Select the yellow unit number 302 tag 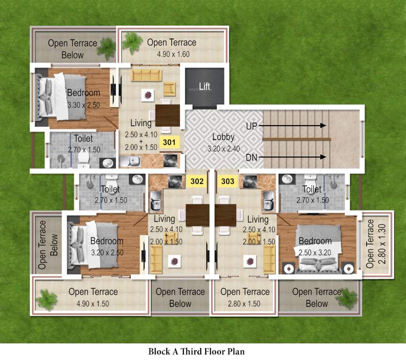pos(197,181)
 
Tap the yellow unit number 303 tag pos(227,181)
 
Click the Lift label pos(205,87)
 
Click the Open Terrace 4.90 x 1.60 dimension pos(172,54)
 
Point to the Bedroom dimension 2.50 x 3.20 pos(315,252)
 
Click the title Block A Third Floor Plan pos(196,351)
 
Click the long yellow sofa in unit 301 pos(146,75)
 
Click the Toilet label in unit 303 pos(312,189)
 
